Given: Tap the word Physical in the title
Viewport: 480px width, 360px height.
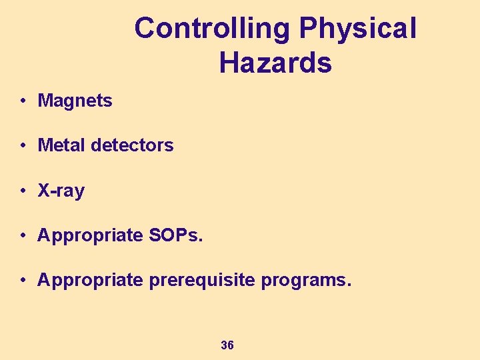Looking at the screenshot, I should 358,29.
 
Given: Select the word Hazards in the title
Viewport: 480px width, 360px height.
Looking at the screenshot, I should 275,63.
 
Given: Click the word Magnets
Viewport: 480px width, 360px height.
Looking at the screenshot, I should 75,101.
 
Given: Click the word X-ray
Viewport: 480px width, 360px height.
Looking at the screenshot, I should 61,191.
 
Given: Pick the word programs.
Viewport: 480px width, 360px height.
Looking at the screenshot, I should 306,281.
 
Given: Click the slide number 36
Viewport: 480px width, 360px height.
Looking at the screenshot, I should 227,345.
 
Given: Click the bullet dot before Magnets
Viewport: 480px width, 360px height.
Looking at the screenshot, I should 23,101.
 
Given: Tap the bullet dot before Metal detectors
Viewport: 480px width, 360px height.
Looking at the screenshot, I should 23,146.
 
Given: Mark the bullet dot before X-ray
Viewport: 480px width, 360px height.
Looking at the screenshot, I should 23,191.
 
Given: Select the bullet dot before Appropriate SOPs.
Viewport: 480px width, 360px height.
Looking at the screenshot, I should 23,236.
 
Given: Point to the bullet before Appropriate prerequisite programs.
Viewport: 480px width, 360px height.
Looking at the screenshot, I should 23,281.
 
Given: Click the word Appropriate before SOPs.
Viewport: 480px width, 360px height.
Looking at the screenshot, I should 90,236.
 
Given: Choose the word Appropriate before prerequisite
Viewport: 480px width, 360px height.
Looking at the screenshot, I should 90,281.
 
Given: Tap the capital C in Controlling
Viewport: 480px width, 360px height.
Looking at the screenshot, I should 144,29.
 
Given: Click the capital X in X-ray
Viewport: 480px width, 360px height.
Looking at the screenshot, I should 44,191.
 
